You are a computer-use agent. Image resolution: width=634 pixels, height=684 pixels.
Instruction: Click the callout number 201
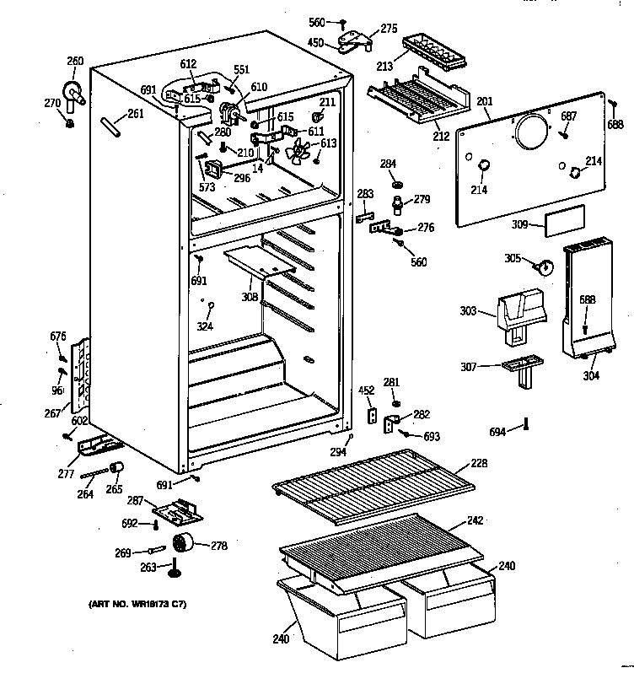[484, 102]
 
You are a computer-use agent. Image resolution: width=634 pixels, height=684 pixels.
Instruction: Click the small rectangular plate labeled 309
[561, 223]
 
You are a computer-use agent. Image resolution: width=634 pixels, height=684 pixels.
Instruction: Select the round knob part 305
[546, 268]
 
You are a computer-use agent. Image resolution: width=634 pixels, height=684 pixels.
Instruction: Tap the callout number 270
[53, 103]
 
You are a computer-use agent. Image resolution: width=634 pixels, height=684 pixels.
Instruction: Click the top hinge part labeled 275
[355, 37]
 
